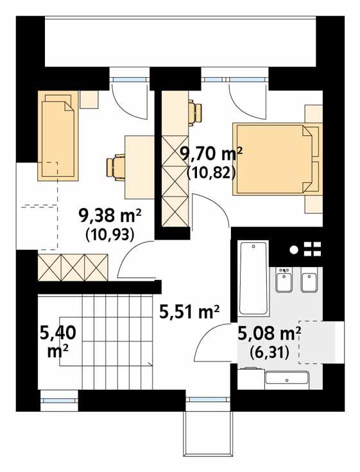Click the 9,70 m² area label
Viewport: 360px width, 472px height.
coord(211,154)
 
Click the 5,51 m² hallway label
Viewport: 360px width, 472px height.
coord(190,313)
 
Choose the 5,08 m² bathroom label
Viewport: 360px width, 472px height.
coord(270,334)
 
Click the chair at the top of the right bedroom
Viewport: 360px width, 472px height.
coord(196,112)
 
